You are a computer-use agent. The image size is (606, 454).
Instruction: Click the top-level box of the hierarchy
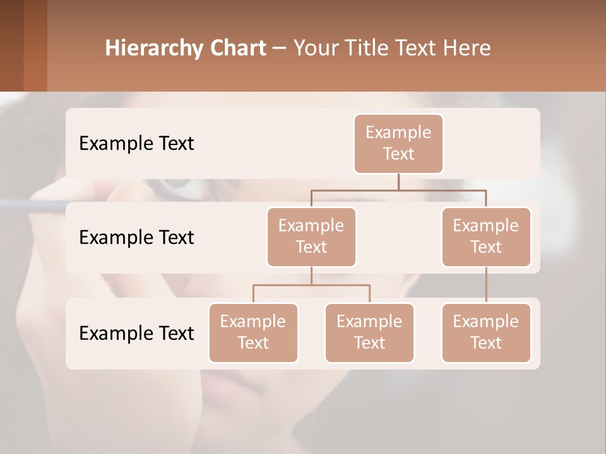[398, 143]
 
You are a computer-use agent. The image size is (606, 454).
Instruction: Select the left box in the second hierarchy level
[311, 236]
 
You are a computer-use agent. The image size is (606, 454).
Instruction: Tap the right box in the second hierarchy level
[486, 236]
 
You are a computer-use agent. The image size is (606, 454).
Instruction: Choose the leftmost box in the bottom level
[253, 332]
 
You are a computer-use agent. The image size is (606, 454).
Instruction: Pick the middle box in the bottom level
[369, 332]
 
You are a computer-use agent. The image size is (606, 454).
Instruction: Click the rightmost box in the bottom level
[486, 332]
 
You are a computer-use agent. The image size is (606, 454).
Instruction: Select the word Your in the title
[315, 48]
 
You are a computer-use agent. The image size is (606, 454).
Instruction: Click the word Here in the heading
[468, 48]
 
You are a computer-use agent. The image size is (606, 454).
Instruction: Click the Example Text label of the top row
[136, 143]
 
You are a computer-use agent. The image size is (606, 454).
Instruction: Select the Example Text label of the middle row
[136, 237]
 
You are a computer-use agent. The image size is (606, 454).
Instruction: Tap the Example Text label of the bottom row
[136, 333]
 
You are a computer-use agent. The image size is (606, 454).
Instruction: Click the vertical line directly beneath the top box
[398, 182]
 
